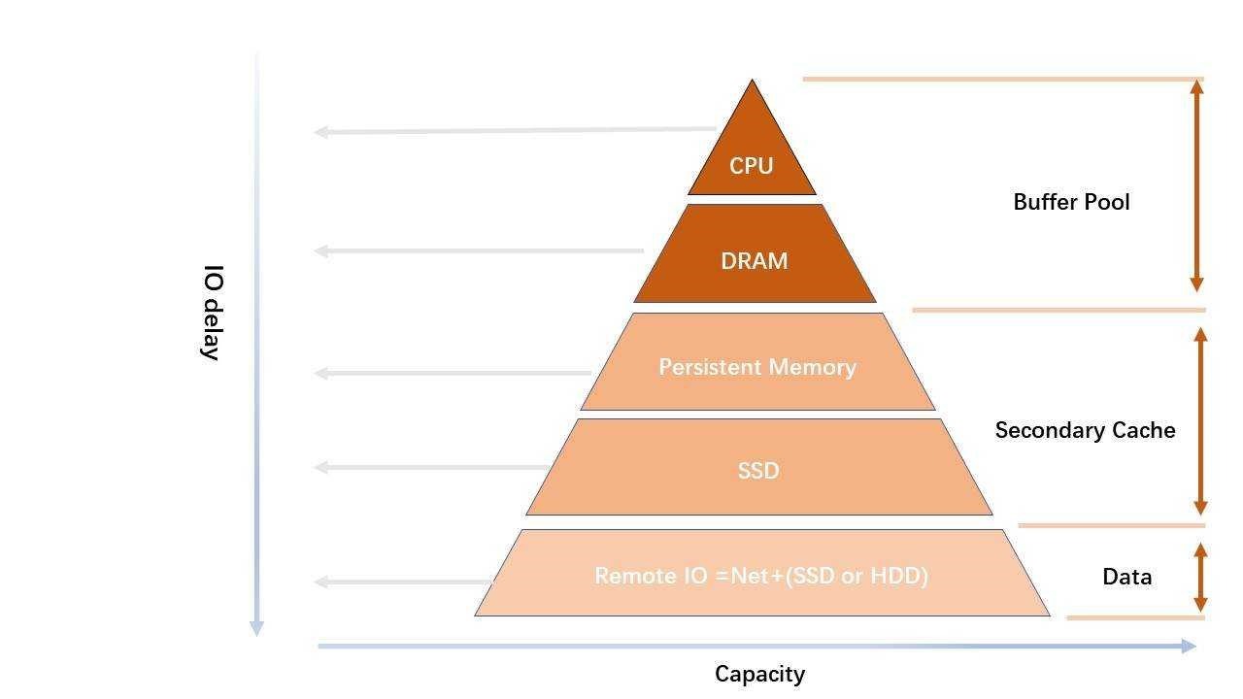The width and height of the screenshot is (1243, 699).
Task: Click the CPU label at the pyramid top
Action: tap(751, 166)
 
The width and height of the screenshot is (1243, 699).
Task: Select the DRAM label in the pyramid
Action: tap(754, 261)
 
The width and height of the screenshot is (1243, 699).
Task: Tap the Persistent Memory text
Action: tap(757, 367)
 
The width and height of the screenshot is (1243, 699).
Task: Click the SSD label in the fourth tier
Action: tap(758, 471)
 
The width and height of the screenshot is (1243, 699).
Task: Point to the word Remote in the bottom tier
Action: tap(630, 576)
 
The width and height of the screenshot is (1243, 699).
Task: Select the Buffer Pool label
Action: tap(1071, 202)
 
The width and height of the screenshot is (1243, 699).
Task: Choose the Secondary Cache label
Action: tap(1085, 430)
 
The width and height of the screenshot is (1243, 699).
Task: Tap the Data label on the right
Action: tap(1126, 577)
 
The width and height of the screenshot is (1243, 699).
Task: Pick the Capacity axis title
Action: tap(759, 674)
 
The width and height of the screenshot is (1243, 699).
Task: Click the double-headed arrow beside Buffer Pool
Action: tap(1197, 184)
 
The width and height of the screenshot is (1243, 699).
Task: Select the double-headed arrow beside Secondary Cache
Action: tap(1200, 420)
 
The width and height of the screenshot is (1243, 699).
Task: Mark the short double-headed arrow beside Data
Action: tap(1200, 576)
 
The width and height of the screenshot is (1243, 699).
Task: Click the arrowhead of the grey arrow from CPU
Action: tap(320, 131)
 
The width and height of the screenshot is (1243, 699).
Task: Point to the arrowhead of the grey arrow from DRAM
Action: tap(320, 250)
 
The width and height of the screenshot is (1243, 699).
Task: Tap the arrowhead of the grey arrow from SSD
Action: tap(320, 467)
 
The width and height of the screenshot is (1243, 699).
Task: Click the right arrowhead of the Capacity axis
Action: tap(1190, 646)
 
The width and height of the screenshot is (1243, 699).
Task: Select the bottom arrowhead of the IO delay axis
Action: tap(256, 628)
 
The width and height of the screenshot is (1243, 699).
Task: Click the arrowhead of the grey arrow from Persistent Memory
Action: tap(320, 373)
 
